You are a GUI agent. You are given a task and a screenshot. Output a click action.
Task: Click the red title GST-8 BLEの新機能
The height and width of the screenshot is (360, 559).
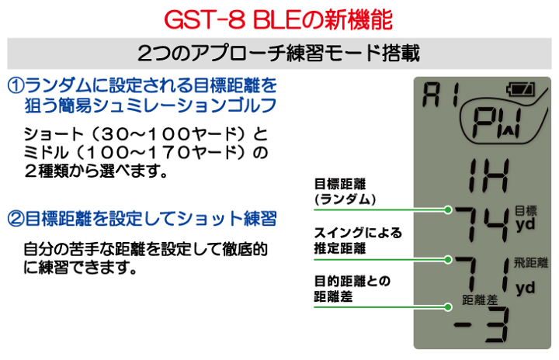278,19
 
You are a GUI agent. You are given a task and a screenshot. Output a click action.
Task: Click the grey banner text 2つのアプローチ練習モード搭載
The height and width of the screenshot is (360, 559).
279,54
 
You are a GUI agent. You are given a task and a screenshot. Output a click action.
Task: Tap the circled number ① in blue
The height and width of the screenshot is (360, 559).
16,85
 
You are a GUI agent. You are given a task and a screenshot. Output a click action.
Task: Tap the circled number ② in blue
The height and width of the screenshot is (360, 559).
16,219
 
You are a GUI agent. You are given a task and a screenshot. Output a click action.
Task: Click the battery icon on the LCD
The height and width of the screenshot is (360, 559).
521,89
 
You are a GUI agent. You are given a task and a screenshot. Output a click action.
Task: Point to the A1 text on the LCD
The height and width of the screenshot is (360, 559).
441,95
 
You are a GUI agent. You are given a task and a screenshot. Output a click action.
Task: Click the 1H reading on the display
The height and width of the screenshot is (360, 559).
488,175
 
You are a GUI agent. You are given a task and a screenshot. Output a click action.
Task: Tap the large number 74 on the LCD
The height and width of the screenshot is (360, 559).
482,224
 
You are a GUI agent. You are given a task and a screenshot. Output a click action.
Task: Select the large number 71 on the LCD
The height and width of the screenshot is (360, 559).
482,275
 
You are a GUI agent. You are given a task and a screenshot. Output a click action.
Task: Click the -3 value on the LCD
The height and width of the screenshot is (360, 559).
482,325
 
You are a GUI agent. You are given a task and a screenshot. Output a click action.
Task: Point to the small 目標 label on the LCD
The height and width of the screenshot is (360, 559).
526,211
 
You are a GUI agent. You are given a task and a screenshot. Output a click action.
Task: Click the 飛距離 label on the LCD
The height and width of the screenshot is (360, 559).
531,263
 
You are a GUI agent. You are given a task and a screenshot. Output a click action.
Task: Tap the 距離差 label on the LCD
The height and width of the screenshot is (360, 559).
480,299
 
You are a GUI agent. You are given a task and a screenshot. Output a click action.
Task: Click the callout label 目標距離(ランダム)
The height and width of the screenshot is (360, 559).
345,192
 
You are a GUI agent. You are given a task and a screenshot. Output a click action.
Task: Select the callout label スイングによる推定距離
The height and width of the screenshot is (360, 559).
358,241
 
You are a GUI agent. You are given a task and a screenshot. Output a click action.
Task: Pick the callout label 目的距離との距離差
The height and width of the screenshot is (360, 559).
352,289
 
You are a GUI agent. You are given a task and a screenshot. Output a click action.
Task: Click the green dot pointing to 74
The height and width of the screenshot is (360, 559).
448,209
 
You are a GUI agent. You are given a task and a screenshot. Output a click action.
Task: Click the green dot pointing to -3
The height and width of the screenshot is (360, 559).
448,307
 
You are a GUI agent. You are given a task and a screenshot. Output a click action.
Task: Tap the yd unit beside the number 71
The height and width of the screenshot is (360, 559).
525,289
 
